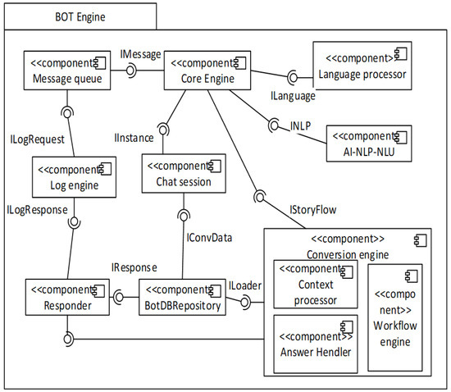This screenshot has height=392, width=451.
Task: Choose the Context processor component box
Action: (x=312, y=284)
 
